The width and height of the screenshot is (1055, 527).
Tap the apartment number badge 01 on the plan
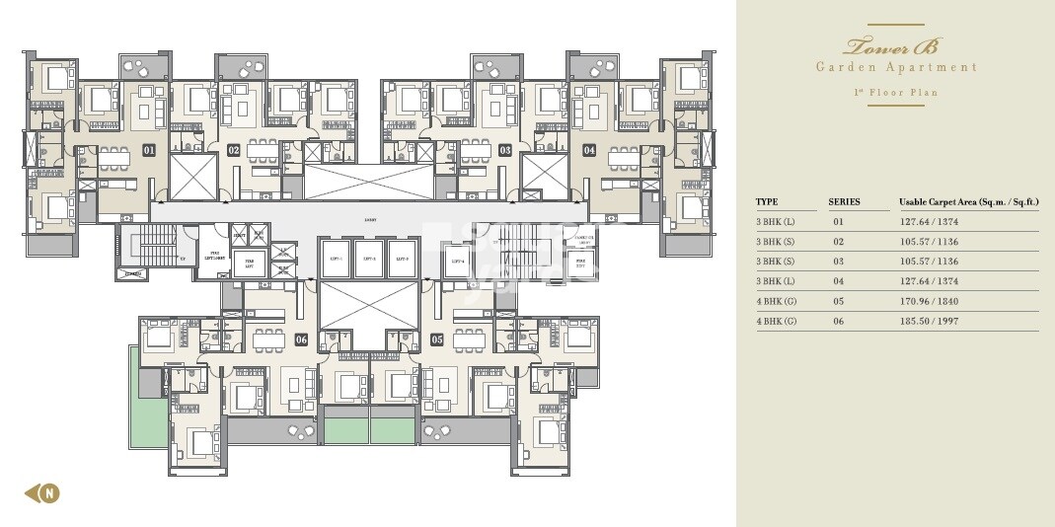(x=149, y=151)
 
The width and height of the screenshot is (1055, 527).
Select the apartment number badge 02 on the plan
(x=234, y=151)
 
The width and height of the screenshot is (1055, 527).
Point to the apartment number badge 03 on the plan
(x=504, y=151)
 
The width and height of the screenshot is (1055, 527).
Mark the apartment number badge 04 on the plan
(x=589, y=151)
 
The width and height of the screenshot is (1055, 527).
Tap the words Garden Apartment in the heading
(x=895, y=67)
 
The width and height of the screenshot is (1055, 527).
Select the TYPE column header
(x=767, y=202)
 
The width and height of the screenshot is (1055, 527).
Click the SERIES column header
(x=844, y=202)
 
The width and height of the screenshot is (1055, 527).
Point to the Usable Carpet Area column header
(x=967, y=202)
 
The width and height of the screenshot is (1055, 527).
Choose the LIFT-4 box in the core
(x=457, y=261)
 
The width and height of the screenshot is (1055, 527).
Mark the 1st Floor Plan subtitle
(x=895, y=93)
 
